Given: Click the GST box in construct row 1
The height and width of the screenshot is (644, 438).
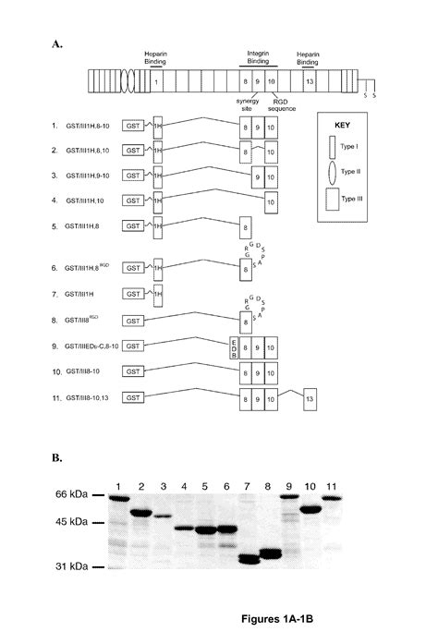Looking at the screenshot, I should [135, 124].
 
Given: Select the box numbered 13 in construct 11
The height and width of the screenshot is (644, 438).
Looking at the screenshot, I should [310, 396].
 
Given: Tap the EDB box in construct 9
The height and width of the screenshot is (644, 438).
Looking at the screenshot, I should [233, 346].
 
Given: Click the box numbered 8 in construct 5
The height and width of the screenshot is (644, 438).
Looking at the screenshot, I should [245, 225].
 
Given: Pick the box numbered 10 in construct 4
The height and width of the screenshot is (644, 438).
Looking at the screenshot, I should [271, 199].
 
